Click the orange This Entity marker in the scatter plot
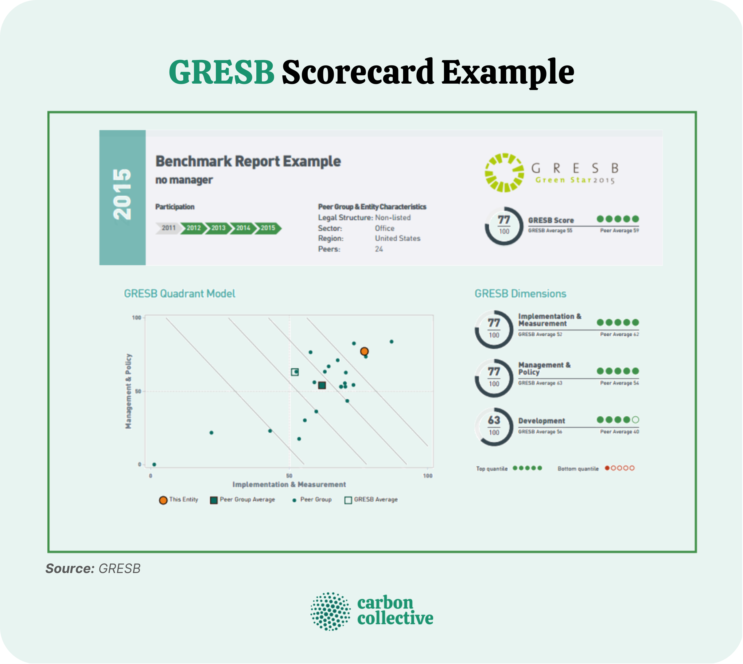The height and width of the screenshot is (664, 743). tap(364, 351)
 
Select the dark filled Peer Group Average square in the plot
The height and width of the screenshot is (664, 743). tap(322, 385)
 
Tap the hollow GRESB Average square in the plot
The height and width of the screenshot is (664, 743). tap(295, 372)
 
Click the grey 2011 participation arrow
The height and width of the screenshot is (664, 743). tap(168, 228)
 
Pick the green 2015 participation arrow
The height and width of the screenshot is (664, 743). tap(268, 228)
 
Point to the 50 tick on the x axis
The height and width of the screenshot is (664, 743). tap(289, 476)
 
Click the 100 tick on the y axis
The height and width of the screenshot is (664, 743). tap(137, 318)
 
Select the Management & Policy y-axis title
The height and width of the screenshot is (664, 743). tap(128, 391)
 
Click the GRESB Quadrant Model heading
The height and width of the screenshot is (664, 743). tap(180, 294)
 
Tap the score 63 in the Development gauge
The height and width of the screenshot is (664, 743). tap(494, 420)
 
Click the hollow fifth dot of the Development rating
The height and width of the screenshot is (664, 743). tap(636, 420)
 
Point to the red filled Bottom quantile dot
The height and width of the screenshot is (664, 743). tap(607, 468)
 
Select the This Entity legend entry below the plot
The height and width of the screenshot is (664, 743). tap(179, 500)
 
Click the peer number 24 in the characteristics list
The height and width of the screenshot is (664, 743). tap(379, 249)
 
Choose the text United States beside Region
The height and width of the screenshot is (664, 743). tap(398, 238)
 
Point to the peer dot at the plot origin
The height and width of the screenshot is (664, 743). tap(154, 464)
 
